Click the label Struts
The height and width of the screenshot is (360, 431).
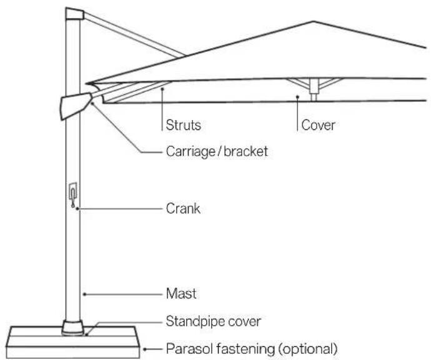[184, 125]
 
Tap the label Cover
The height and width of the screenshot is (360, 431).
[318, 125]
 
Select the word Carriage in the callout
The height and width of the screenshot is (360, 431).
[191, 151]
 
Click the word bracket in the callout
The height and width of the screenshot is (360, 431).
[245, 151]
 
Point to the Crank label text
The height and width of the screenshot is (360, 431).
[183, 209]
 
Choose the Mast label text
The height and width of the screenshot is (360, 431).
[181, 294]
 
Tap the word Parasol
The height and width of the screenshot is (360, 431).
[189, 349]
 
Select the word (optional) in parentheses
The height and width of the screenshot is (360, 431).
[308, 349]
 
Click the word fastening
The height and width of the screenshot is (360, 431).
[245, 349]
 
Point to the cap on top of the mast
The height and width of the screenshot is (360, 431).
[74, 14]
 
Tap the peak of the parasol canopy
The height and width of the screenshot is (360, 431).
[313, 21]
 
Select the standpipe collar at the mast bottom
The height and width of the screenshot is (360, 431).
[73, 327]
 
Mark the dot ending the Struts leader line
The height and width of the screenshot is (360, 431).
[162, 89]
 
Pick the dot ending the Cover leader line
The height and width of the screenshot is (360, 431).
[297, 97]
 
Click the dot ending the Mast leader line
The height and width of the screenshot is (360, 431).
[85, 294]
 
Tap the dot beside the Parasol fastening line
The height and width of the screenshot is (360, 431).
[144, 349]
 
